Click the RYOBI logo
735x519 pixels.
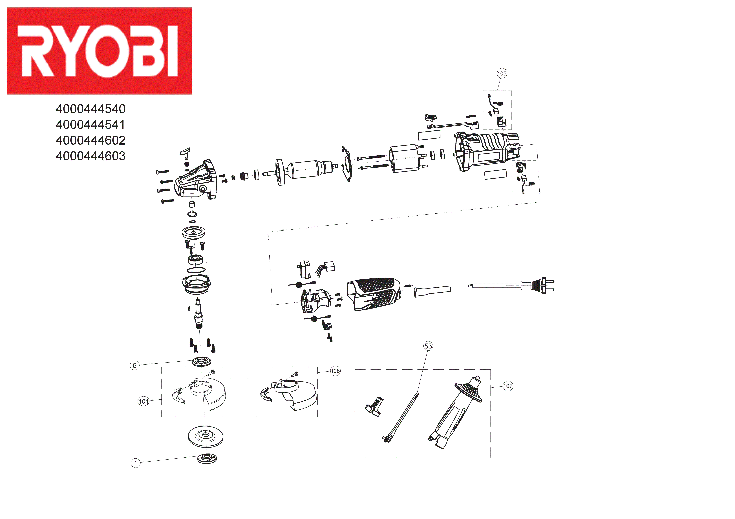[x=99, y=51]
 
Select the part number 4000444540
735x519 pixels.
[x=91, y=109]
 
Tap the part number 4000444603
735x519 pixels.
[x=91, y=156]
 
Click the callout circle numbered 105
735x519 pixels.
[x=502, y=74]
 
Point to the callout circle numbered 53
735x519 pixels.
[x=428, y=346]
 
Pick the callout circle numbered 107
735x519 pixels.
[x=508, y=386]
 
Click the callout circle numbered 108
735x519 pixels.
[x=335, y=371]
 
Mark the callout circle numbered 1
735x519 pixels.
[x=136, y=463]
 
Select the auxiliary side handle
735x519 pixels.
[x=455, y=413]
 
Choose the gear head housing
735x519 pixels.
[x=194, y=181]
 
